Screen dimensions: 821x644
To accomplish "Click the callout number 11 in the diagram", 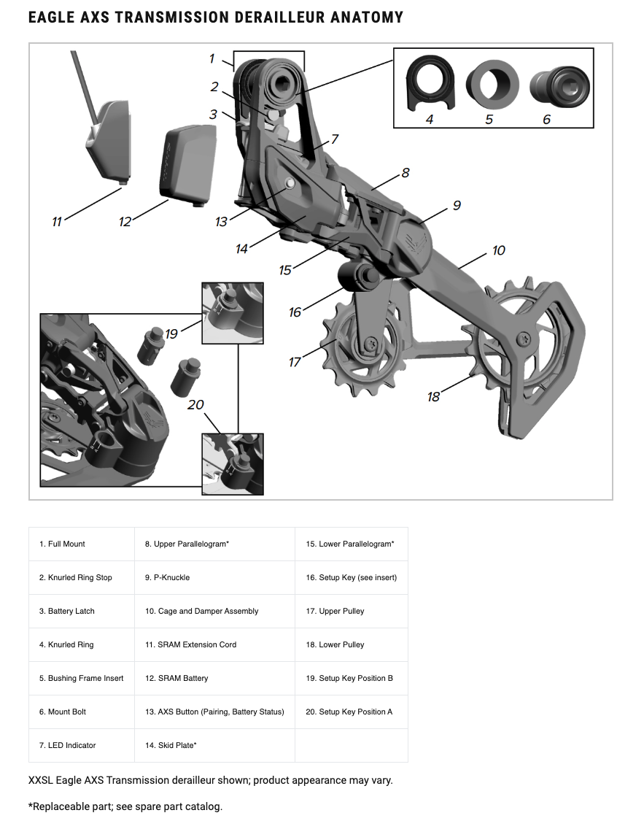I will (x=57, y=221).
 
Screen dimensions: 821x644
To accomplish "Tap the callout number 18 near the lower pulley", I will (x=434, y=396).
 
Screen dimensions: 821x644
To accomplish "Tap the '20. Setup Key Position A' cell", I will (x=349, y=712).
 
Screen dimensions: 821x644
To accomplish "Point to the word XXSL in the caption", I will (x=43, y=780).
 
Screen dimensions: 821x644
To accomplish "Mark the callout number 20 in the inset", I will (x=195, y=404).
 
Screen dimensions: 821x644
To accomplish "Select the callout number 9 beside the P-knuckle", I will (x=457, y=206).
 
